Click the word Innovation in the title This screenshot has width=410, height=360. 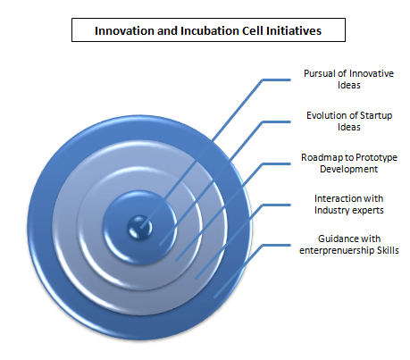click(125, 30)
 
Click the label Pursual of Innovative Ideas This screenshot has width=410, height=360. click(348, 80)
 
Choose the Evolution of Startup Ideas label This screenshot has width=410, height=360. click(349, 121)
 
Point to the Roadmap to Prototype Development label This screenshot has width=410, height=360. click(349, 163)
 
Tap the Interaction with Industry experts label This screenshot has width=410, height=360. click(349, 205)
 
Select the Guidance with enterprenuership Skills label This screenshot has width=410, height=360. click(349, 245)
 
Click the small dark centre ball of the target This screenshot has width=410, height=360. click(139, 228)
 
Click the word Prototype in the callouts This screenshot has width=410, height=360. click(376, 157)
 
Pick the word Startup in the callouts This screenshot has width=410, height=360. click(376, 115)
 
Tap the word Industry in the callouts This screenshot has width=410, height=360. click(331, 210)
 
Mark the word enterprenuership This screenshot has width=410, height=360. click(337, 251)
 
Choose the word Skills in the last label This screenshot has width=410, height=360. click(388, 250)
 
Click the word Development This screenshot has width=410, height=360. click(348, 170)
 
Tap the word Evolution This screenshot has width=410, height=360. click(325, 115)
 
